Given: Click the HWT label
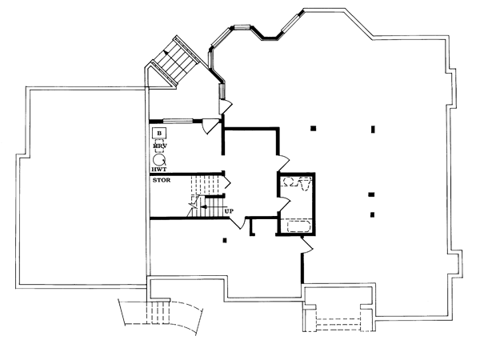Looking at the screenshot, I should [158, 170].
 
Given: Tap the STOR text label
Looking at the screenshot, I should [161, 181].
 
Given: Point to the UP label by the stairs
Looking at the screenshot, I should [230, 211].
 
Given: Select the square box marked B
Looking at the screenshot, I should [159, 132].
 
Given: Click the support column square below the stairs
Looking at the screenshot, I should [225, 240].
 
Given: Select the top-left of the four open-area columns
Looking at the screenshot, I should [314, 127].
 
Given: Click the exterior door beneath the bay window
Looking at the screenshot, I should [226, 105].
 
